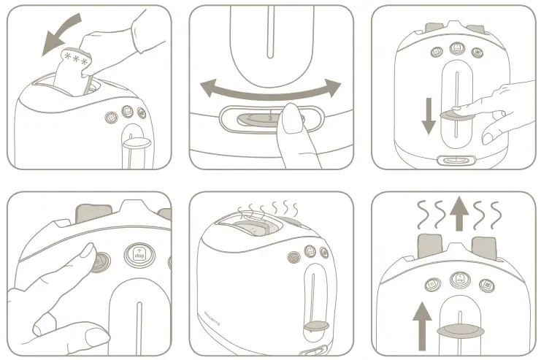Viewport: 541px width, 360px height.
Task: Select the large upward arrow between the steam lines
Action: [x=458, y=214]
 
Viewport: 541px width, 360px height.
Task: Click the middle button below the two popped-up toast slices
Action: [x=458, y=278]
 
